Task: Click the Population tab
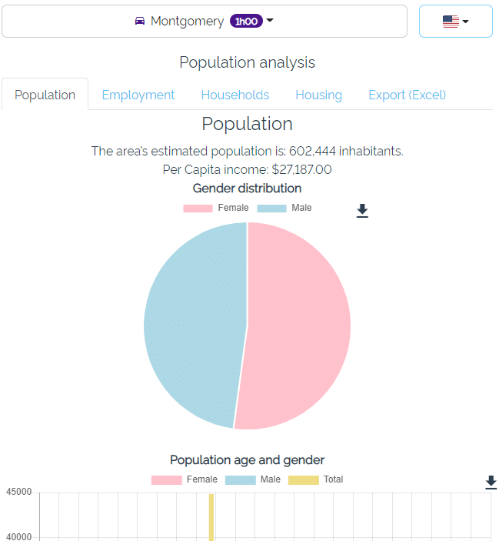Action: tap(45, 95)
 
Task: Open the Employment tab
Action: tap(138, 95)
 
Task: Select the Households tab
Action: tap(235, 95)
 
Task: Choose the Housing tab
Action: tap(318, 95)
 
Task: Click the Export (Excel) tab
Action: tap(407, 95)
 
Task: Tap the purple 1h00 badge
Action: tap(246, 22)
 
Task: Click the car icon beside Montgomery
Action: tap(139, 22)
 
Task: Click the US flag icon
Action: tap(451, 22)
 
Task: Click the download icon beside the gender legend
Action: tap(362, 211)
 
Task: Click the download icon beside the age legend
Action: tap(491, 482)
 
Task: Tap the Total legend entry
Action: tap(316, 479)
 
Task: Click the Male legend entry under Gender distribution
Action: tap(284, 208)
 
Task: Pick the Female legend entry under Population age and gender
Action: tap(185, 479)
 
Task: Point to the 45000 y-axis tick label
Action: tap(18, 493)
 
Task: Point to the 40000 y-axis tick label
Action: tap(18, 536)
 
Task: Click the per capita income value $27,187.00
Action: tap(301, 169)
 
